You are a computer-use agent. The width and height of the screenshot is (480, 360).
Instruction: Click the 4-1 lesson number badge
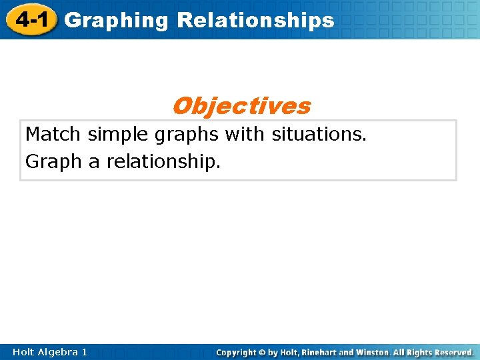pos(32,20)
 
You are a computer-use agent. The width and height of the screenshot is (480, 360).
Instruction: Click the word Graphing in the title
pos(117,21)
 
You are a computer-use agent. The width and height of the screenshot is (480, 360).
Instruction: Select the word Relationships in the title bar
pos(255,20)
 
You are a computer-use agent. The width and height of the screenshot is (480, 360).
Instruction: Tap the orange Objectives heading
pos(241,105)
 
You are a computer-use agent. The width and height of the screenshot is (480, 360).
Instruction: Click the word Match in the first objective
pos(53,135)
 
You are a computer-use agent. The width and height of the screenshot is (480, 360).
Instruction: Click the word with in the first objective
pos(246,135)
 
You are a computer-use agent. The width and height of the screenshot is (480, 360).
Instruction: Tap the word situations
pos(319,135)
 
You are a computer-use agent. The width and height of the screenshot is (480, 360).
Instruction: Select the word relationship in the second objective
pos(163,162)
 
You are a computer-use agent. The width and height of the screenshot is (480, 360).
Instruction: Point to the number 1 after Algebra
pos(84,352)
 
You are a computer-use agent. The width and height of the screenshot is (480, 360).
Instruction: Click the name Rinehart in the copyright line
pos(324,352)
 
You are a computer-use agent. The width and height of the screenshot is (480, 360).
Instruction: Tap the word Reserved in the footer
pos(453,352)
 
